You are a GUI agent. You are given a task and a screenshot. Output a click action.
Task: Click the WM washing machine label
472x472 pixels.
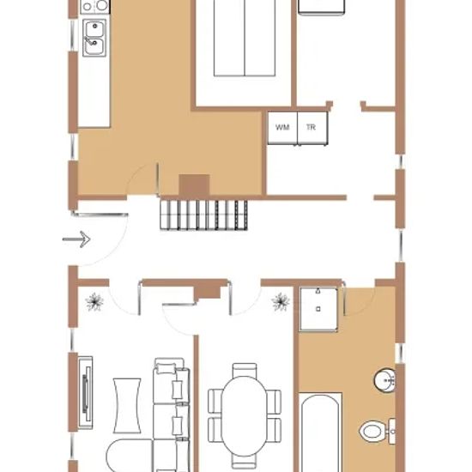point(282,127)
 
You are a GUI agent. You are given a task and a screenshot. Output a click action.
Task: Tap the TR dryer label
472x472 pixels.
point(311,127)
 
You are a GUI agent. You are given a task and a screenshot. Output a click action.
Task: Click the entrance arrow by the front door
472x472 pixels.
point(76,239)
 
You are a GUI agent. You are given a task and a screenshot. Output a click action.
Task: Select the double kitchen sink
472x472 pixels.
point(94,38)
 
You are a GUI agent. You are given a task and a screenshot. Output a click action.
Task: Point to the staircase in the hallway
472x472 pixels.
point(203,215)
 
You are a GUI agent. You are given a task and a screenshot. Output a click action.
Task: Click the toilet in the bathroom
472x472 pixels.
point(378,431)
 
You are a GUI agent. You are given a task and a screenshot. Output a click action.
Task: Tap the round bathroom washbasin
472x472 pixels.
point(384,380)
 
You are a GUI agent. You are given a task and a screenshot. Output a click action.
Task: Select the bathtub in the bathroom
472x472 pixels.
point(320,433)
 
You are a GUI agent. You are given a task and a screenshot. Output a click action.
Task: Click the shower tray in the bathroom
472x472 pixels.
point(318,309)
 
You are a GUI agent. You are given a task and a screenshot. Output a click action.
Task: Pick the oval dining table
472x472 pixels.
point(245,415)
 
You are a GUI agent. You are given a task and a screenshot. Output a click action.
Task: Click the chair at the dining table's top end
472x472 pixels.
point(245,370)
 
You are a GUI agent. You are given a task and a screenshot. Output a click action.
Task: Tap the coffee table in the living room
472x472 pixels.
point(127,405)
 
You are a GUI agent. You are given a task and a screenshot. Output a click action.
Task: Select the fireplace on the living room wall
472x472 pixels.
point(86,392)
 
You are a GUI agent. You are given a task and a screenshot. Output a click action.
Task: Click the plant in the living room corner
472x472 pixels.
point(94,301)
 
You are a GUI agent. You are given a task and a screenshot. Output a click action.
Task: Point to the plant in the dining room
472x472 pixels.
point(281,301)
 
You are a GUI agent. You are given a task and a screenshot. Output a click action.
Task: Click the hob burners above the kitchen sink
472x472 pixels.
point(95,6)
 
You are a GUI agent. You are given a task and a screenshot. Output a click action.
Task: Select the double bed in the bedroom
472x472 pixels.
point(245,38)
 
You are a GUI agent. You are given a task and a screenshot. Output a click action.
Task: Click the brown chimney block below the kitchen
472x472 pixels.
point(194,185)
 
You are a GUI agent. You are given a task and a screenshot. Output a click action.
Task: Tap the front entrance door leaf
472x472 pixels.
point(100,215)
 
